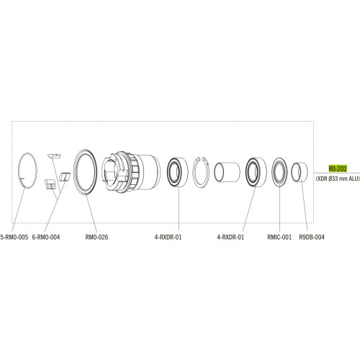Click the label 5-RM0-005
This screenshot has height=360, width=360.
pyautogui.click(x=14, y=236)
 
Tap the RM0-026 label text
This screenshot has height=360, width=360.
pyautogui.click(x=96, y=236)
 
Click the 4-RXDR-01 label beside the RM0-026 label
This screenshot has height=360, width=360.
pyautogui.click(x=168, y=236)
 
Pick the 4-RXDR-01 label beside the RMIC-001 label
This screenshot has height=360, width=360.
pyautogui.click(x=230, y=236)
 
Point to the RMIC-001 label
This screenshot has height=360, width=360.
pyautogui.click(x=279, y=236)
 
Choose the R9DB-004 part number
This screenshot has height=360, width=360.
pyautogui.click(x=311, y=236)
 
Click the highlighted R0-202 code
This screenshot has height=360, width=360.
pyautogui.click(x=338, y=167)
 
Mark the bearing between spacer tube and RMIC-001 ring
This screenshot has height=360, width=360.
pyautogui.click(x=256, y=173)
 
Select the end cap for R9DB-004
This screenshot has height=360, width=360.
pyautogui.click(x=299, y=174)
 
